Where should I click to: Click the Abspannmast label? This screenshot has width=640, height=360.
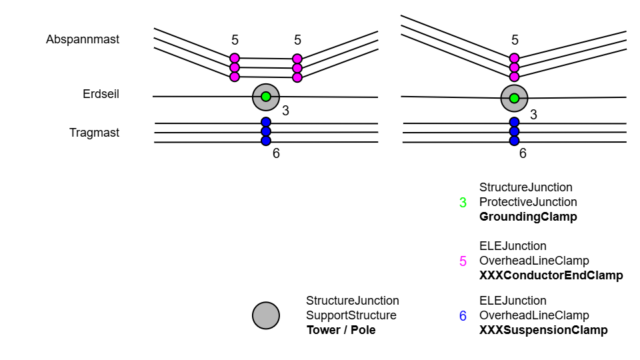tap(83, 39)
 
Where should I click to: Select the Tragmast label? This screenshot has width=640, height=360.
tap(94, 133)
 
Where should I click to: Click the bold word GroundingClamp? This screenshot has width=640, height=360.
tap(528, 217)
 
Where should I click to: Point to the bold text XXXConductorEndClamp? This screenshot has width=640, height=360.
tap(551, 275)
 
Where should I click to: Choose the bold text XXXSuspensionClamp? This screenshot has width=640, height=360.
tap(543, 330)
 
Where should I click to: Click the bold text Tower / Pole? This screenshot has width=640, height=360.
tap(341, 330)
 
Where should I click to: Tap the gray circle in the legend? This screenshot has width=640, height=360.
tap(266, 315)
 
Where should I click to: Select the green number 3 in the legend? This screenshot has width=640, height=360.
tap(463, 202)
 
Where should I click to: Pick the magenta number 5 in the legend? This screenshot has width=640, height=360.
tap(463, 261)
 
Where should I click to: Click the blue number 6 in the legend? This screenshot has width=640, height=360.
tap(463, 316)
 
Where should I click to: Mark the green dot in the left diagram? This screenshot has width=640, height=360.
tap(266, 97)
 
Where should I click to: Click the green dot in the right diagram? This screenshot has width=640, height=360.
tap(514, 98)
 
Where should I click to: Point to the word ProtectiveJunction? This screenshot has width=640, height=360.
tap(528, 202)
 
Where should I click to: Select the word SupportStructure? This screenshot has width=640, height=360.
tap(351, 315)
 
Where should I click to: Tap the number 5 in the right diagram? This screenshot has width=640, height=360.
tap(515, 40)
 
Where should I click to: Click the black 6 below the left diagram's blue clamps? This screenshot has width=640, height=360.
tap(276, 153)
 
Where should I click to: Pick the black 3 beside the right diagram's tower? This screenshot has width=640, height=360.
tap(533, 115)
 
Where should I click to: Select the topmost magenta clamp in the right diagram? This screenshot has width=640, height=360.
tap(514, 58)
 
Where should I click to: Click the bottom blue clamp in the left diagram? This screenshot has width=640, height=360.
tap(266, 141)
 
